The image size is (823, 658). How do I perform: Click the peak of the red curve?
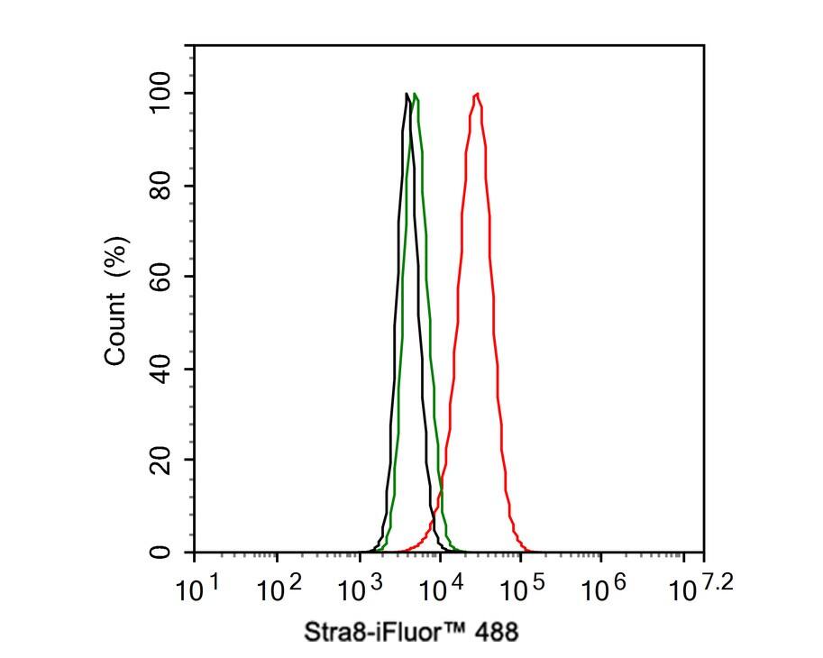[476, 94]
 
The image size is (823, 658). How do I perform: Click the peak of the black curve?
[407, 94]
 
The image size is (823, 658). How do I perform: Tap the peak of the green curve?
[415, 95]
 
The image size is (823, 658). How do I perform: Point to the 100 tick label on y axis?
[162, 94]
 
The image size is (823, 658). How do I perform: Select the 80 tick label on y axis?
[162, 186]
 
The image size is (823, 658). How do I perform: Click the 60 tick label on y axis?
[162, 277]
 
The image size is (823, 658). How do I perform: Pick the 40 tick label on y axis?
[162, 369]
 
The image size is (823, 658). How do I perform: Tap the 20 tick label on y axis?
[162, 460]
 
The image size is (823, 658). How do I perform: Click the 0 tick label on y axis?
[162, 552]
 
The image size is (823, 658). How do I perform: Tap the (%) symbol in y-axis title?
[117, 256]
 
